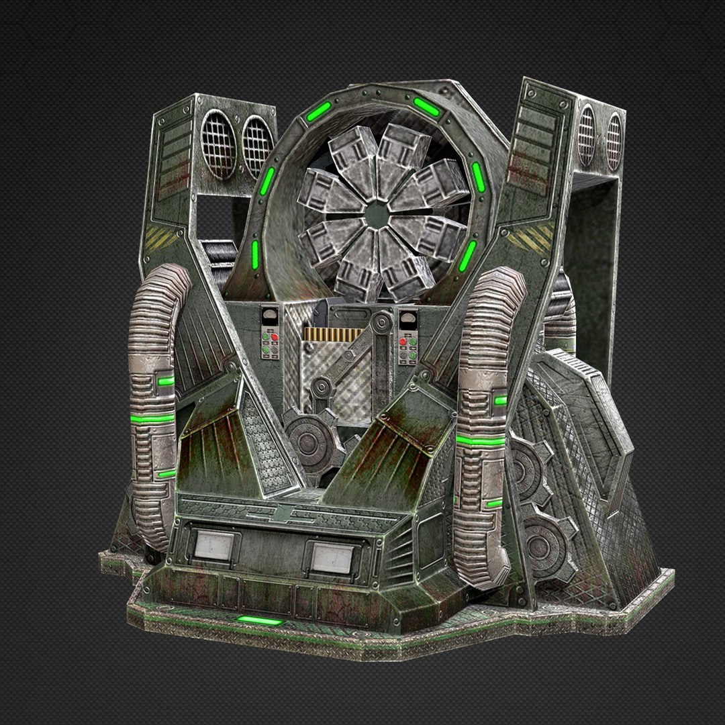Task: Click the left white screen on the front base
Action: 213,544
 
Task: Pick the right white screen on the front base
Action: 332,558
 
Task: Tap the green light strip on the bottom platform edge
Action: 260,621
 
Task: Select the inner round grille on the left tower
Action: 256,146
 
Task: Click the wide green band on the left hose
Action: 152,418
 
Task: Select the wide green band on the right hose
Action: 481,441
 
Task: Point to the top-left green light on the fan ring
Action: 319,111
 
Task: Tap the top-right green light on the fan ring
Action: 426,106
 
